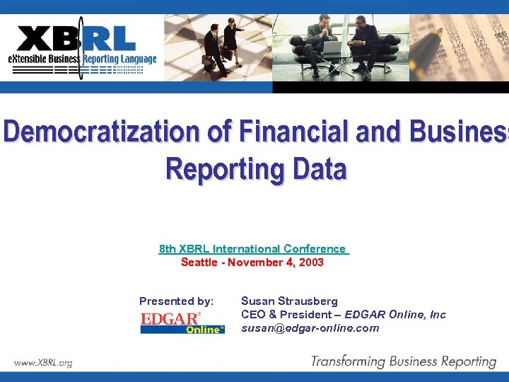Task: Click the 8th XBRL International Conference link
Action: [x=253, y=248]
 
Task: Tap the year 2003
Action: [x=311, y=262]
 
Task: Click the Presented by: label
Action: [x=176, y=301]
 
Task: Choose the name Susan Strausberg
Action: [x=289, y=301]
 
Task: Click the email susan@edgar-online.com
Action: [x=310, y=328]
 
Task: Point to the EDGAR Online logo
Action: [x=182, y=323]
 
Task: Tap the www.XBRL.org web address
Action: [x=43, y=363]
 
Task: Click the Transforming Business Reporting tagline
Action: [x=404, y=361]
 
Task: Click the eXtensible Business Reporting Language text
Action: [x=82, y=59]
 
